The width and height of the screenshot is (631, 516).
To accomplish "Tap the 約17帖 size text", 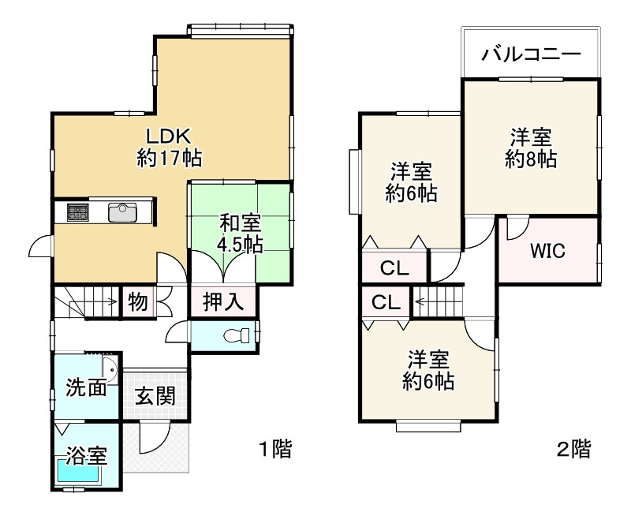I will (x=169, y=158).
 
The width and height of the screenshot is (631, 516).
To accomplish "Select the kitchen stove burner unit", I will (x=78, y=211).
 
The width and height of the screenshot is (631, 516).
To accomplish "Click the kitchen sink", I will (x=122, y=211).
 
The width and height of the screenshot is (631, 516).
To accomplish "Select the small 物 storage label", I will (x=137, y=301).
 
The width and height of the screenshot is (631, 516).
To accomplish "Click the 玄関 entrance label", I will (x=154, y=395).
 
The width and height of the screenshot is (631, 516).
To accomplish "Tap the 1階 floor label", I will (x=275, y=450).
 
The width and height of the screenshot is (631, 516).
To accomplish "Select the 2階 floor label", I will (x=573, y=450).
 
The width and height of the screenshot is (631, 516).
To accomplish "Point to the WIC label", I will (x=547, y=252).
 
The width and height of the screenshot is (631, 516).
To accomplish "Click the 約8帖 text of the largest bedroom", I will (x=530, y=159).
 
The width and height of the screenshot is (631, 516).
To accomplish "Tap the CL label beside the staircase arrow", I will (x=383, y=301).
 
